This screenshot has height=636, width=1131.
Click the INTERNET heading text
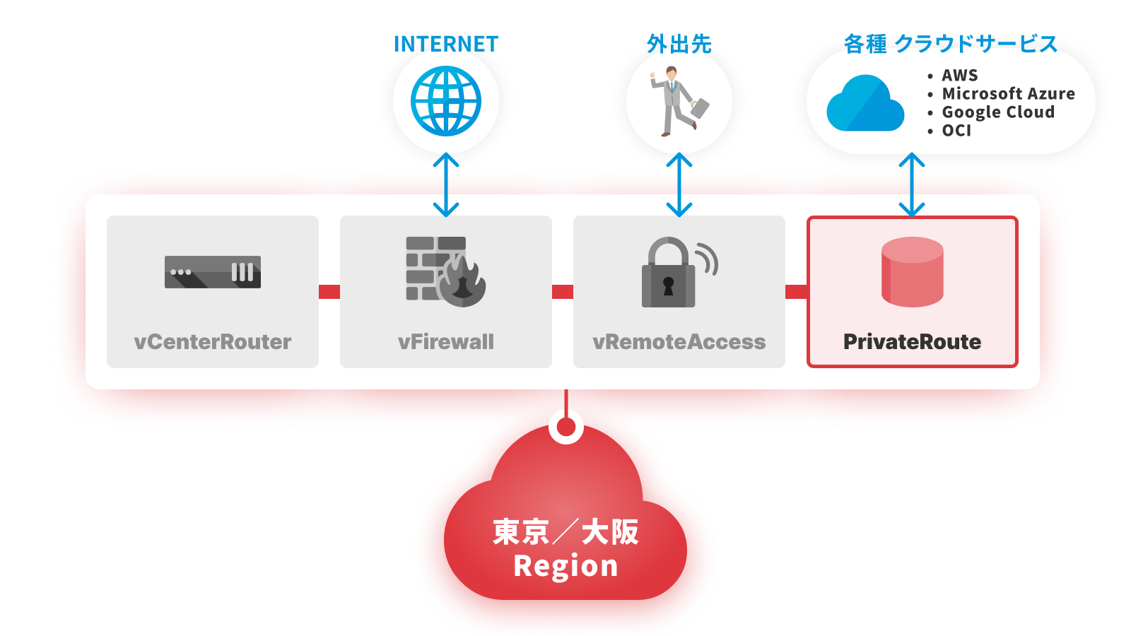(x=446, y=44)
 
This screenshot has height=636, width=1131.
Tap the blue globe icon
(x=446, y=101)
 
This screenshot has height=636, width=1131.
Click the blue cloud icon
(x=865, y=103)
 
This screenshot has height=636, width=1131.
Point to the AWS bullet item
(x=953, y=75)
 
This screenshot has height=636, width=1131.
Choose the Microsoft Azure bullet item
(x=1001, y=93)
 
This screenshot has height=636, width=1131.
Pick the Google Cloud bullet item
(x=991, y=112)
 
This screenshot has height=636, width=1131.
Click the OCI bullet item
(x=949, y=131)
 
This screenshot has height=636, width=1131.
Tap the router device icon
(x=213, y=272)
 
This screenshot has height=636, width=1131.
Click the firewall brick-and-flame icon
(x=445, y=271)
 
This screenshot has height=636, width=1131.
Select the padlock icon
(x=679, y=272)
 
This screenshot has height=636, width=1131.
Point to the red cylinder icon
(x=913, y=272)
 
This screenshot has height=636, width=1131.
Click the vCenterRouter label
(x=213, y=342)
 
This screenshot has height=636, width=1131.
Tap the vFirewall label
(x=446, y=342)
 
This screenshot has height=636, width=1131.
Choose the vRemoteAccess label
(x=679, y=342)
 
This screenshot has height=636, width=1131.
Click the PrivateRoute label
(x=913, y=342)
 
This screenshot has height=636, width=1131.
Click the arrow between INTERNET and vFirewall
(x=446, y=184)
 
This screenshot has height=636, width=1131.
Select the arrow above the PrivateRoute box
(x=912, y=184)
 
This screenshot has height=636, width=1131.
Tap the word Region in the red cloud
(x=565, y=566)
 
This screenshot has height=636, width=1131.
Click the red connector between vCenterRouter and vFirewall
(x=329, y=292)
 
